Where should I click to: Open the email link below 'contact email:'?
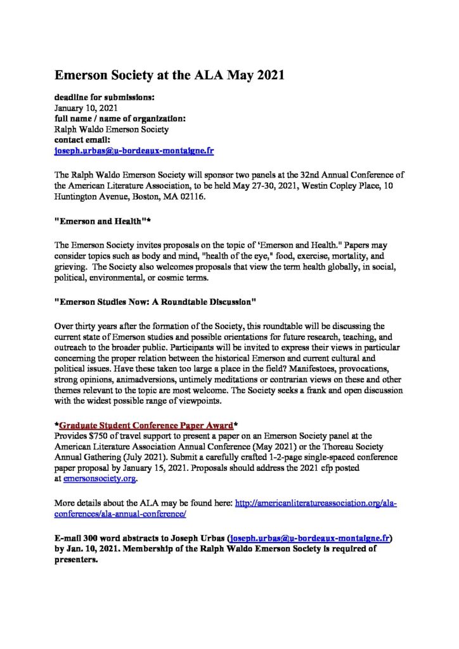click(x=134, y=151)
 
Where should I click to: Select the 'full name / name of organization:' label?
click(x=119, y=119)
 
